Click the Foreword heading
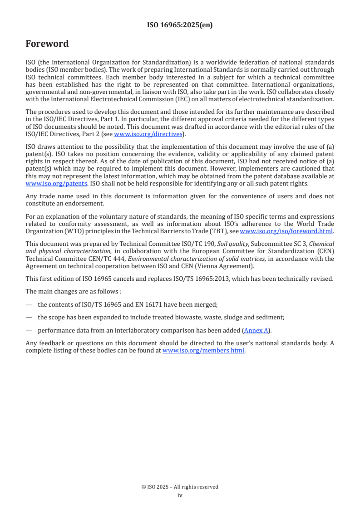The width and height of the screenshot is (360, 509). coord(47,44)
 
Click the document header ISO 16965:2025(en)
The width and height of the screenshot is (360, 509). coord(180,25)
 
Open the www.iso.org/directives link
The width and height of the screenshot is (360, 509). coord(148,134)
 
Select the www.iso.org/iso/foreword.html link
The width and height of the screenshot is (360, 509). coord(286,230)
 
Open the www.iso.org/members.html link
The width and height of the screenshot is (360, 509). coord(203,350)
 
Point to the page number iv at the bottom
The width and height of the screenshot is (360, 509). coord(180,495)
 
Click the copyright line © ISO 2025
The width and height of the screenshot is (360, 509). coord(180,487)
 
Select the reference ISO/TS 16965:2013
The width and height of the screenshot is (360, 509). coord(222,279)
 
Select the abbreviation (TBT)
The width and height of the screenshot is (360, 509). coord(214,230)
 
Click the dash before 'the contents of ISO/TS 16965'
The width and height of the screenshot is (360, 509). coord(29,304)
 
